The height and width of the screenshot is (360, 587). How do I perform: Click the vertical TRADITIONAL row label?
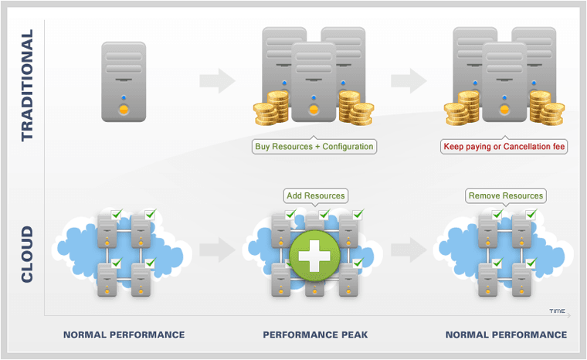point(28,86)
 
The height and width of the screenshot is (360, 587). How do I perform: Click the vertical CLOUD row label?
point(28,254)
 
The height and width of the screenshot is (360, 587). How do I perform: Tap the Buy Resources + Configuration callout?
point(314,146)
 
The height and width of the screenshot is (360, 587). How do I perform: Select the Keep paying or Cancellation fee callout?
point(505,146)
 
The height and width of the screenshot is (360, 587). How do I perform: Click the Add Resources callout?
point(315,195)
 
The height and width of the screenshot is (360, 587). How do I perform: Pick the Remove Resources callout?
point(506,195)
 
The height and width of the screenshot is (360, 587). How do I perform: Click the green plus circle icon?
point(314,254)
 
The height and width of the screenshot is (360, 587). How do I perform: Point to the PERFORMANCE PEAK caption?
point(314,335)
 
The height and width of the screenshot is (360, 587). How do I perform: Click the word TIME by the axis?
point(557,311)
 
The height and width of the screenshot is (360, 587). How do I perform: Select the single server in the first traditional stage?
point(124,82)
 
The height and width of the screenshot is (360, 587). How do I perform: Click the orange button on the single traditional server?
point(124,110)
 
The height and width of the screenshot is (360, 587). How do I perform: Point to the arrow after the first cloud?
point(217,250)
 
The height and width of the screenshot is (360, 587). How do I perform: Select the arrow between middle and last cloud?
point(409,250)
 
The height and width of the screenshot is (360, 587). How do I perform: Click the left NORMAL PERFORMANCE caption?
point(124,335)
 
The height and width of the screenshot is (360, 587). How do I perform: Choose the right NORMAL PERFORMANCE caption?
point(507,335)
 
